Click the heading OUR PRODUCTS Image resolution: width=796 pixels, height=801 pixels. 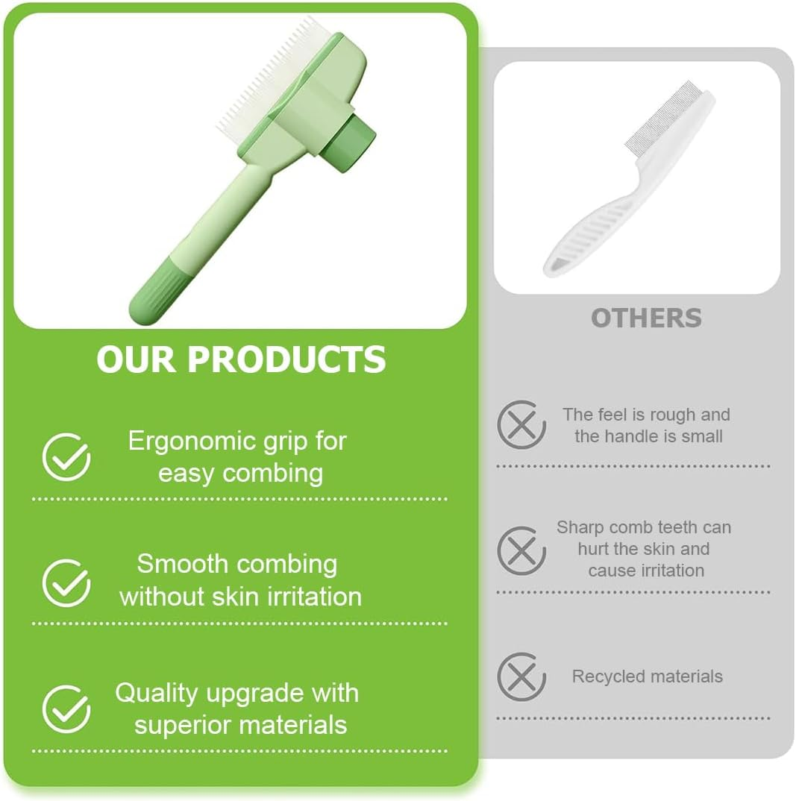tap(241, 359)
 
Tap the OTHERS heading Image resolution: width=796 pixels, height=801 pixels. tap(646, 318)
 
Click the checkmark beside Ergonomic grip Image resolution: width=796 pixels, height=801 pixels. tap(66, 456)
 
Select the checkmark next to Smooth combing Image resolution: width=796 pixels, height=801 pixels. tap(66, 582)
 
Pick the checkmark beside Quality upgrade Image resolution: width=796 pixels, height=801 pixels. tap(66, 709)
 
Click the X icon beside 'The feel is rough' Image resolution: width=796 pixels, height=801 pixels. tap(521, 425)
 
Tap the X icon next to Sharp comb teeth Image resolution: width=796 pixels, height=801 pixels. tap(521, 550)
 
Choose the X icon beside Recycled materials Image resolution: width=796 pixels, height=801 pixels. tap(521, 676)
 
